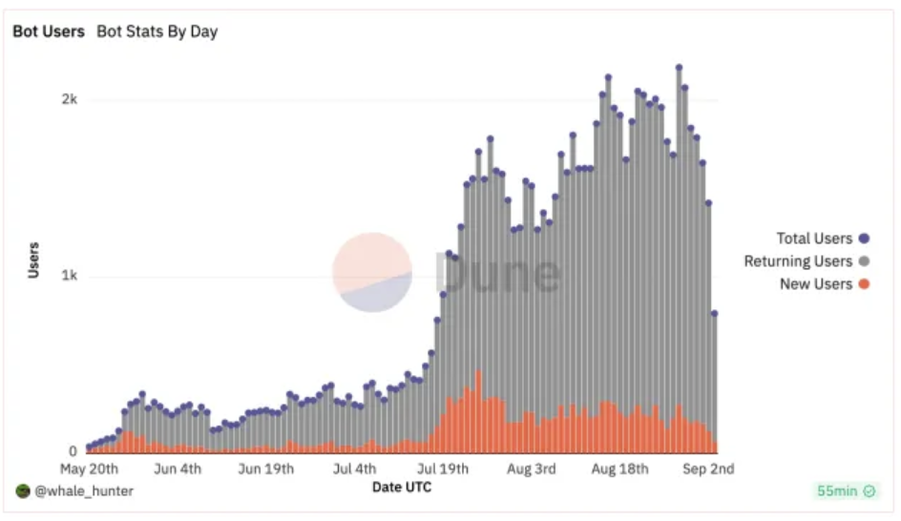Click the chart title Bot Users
click(x=49, y=31)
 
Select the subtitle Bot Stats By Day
click(x=157, y=31)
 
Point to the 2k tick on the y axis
click(x=70, y=99)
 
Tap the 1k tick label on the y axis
click(x=70, y=276)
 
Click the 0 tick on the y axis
click(x=73, y=451)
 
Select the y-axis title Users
click(x=33, y=260)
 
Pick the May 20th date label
click(x=89, y=469)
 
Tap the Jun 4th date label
click(x=178, y=469)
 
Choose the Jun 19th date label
click(x=266, y=469)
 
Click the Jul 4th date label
click(x=354, y=469)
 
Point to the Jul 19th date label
click(x=443, y=469)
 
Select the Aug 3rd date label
click(x=532, y=469)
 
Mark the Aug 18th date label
click(x=620, y=469)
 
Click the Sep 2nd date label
click(x=708, y=469)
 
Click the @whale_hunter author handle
click(x=84, y=490)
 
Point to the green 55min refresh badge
click(x=846, y=490)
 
